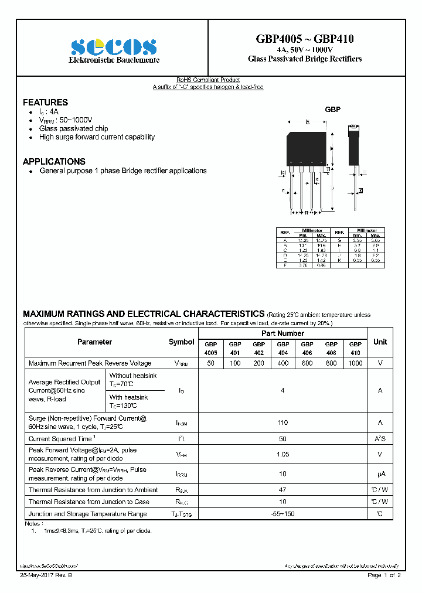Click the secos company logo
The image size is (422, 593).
(x=114, y=47)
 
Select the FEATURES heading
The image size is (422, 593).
(x=45, y=102)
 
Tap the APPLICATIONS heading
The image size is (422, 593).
(x=54, y=161)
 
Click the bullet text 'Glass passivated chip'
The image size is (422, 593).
(x=73, y=128)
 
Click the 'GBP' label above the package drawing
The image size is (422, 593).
(x=333, y=110)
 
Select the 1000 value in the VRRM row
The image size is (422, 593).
(x=355, y=363)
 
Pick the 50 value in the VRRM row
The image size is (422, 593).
(x=211, y=363)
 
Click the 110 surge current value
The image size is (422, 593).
(x=283, y=422)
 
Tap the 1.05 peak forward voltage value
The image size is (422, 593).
(x=283, y=454)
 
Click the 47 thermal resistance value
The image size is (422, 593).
(x=283, y=490)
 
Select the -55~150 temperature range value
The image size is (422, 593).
(x=283, y=514)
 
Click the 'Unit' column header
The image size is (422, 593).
(x=380, y=342)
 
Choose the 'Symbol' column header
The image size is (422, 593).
(x=182, y=342)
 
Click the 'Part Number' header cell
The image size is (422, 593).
(x=283, y=332)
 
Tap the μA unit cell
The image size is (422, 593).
(x=380, y=473)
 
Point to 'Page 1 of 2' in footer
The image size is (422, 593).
(x=384, y=576)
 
